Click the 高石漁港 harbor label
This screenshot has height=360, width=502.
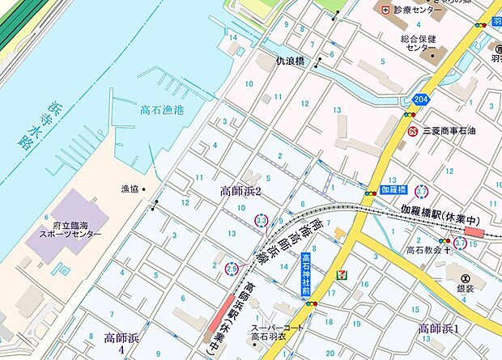(163, 111)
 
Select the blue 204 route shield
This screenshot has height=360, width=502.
(419, 98)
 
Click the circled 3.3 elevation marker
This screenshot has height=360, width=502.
(261, 219)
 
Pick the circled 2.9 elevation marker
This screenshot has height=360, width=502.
(231, 268)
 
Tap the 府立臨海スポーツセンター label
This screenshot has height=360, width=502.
(72, 228)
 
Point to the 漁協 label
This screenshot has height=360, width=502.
(130, 189)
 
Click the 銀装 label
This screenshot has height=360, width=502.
(466, 289)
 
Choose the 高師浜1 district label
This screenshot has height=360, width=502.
(438, 328)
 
